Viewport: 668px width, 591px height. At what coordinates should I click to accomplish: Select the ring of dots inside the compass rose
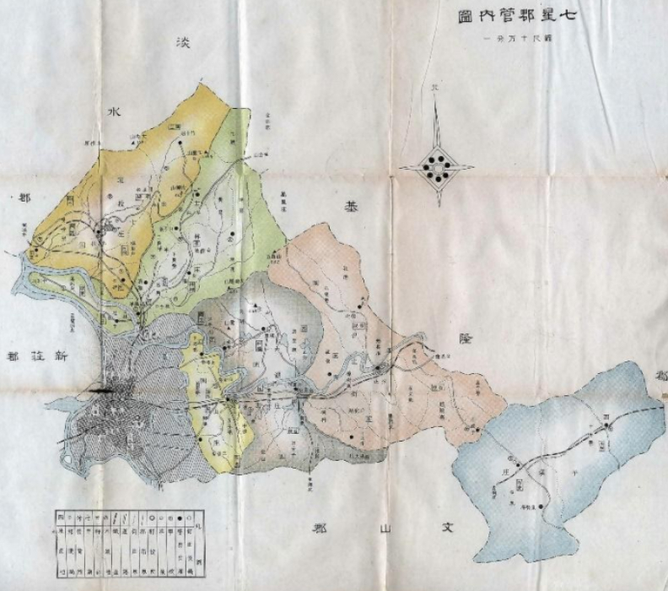click(437, 167)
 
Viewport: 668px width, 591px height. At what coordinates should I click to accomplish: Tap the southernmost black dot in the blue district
click(541, 506)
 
